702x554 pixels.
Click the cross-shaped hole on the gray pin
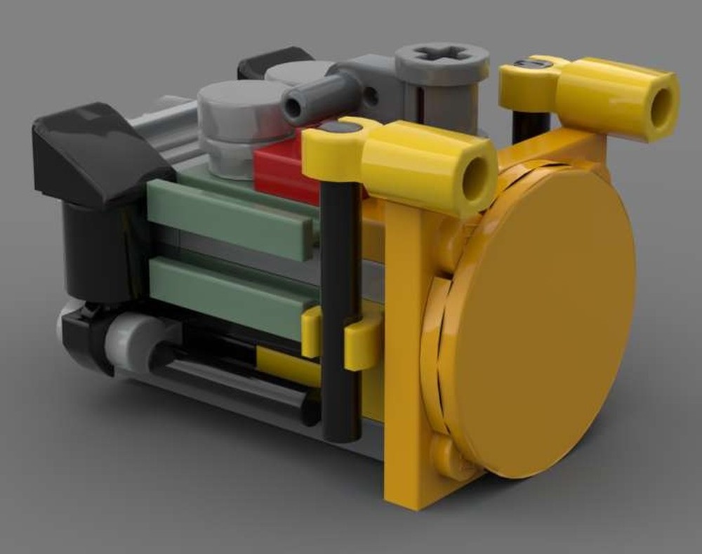[x=442, y=54]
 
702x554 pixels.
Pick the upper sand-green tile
[x=232, y=218]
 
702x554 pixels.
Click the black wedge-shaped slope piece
[x=98, y=151]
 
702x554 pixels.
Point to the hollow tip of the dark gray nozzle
[x=293, y=107]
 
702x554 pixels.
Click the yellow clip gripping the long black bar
[x=362, y=341]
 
